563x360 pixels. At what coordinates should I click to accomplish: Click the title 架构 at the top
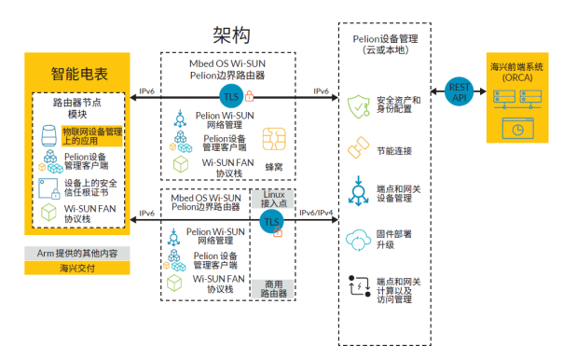click(x=231, y=36)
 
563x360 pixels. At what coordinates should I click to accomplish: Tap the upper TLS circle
click(x=230, y=96)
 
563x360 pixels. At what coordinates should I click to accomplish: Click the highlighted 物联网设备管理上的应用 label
click(x=92, y=137)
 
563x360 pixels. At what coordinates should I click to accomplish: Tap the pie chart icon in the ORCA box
click(x=515, y=130)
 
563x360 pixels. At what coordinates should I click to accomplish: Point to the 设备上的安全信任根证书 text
click(x=92, y=189)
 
